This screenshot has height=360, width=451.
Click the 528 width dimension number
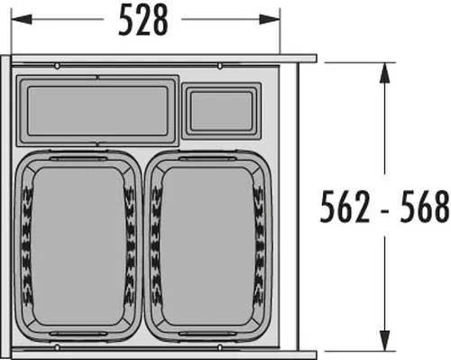click(x=143, y=21)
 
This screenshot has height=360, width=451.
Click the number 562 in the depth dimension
click(x=345, y=207)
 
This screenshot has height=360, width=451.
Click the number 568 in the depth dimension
click(x=425, y=207)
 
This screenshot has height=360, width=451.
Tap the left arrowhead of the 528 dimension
click(x=22, y=20)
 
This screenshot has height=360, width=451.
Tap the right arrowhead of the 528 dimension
click(x=270, y=20)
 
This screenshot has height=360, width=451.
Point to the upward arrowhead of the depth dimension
click(x=384, y=73)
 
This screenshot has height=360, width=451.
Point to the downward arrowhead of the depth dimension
click(x=384, y=340)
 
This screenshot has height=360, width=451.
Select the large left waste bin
click(x=78, y=246)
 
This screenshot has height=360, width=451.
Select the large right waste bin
click(x=208, y=246)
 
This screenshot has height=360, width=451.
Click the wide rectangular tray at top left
click(x=97, y=111)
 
